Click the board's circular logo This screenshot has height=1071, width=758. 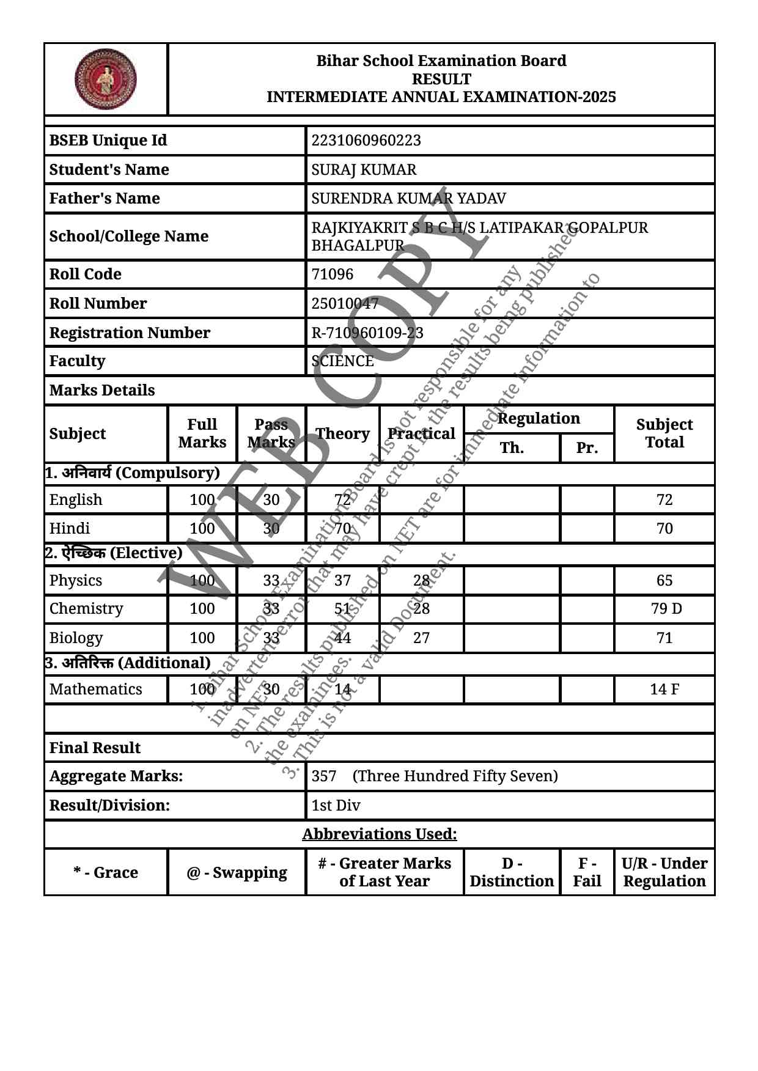pos(106,79)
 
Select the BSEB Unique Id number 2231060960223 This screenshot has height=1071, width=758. pos(366,141)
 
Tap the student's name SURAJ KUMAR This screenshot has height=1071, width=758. pos(364,170)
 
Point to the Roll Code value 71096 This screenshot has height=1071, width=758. pos(332,274)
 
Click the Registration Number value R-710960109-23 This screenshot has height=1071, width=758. pos(367,333)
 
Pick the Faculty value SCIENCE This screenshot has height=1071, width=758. pos(342,361)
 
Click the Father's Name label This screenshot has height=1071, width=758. pos(105,199)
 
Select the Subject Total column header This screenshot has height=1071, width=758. pos(664,433)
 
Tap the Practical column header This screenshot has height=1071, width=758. pos(421,434)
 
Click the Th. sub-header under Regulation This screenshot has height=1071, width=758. pos(512,448)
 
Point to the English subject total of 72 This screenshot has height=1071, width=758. pos(664,500)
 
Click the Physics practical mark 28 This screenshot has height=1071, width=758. pos(421,581)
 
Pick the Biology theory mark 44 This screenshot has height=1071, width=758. pos(342,638)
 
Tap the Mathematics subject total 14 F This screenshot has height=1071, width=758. pos(664,690)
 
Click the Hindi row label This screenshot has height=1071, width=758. pos(70,529)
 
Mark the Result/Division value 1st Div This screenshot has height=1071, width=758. pos(336,806)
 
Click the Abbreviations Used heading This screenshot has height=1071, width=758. pos(379,834)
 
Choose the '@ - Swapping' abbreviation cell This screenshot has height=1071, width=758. pos(237,872)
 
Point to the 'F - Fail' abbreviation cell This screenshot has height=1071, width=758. pos(587,872)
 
